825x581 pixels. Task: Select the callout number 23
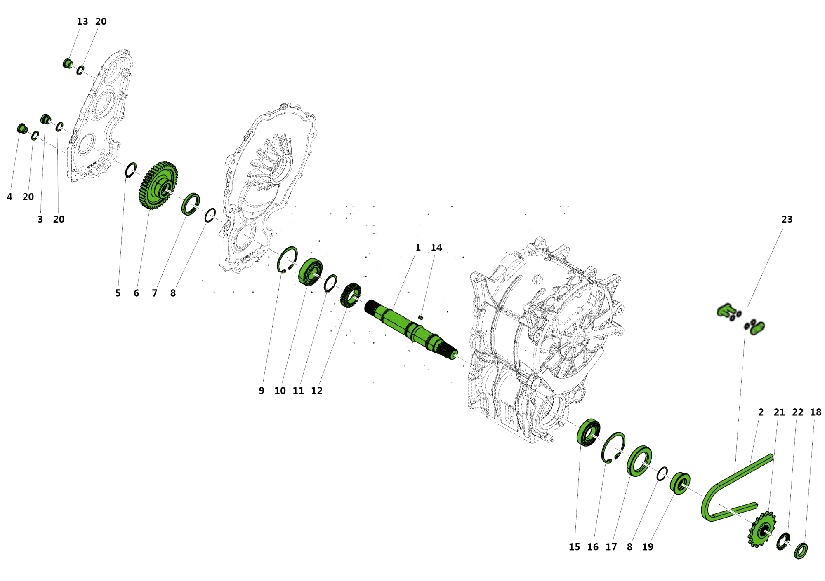point(787,220)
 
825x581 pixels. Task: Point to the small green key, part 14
point(421,317)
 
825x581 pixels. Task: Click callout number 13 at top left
point(82,22)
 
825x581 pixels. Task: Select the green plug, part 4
point(21,128)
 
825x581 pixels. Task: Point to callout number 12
point(317,391)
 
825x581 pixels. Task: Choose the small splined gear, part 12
point(350,295)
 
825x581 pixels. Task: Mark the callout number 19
point(648,547)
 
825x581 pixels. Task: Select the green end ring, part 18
point(801,551)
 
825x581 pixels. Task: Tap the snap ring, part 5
point(131,170)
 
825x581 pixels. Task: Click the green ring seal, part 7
point(190,204)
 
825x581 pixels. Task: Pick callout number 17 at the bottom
point(611,547)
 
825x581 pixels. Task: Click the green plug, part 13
point(67,64)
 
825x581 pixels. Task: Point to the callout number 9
point(262,391)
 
